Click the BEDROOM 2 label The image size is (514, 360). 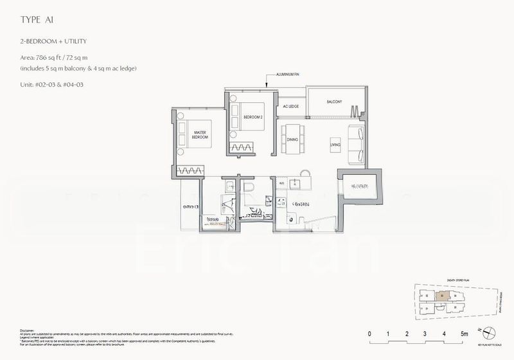253,117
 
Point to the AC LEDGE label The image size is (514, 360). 291,106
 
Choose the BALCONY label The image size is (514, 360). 333,102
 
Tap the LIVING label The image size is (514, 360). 335,145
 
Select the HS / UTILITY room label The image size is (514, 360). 359,187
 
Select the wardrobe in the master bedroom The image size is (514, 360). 191,170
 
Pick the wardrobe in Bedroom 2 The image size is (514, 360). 244,148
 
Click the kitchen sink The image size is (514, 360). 296,184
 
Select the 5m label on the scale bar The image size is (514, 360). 464,334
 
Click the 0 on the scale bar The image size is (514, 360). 370,334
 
